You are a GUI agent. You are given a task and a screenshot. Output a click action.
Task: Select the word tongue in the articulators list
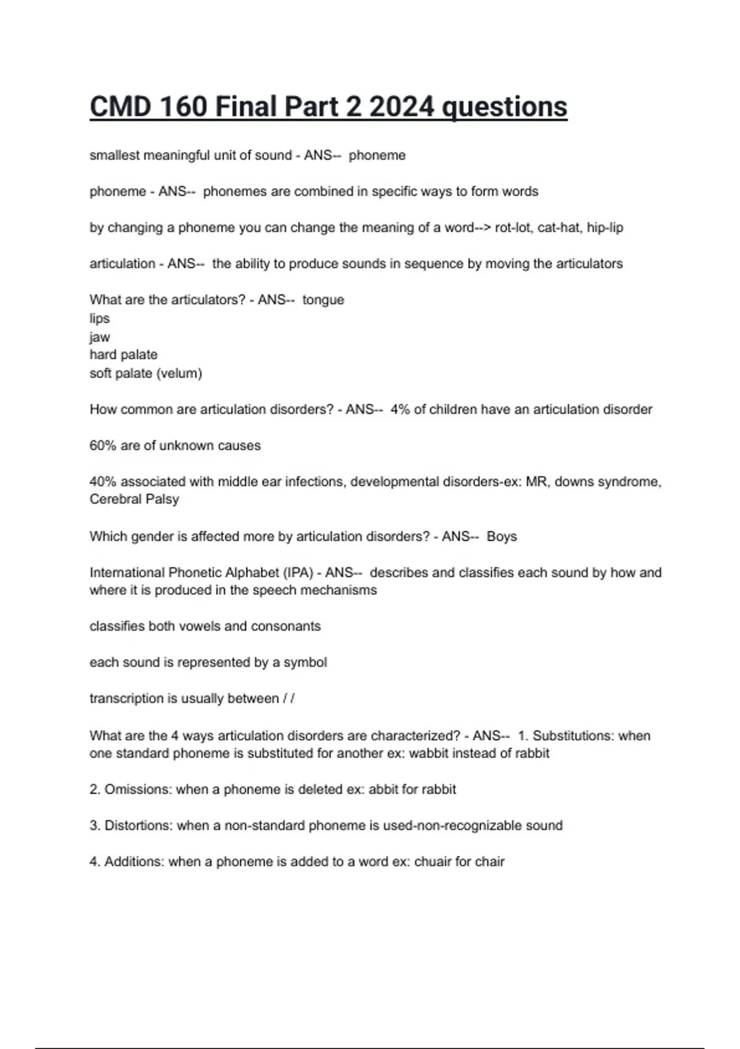point(323,300)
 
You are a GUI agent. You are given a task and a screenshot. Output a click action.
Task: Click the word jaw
point(99,338)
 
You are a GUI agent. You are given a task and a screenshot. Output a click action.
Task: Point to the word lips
point(99,318)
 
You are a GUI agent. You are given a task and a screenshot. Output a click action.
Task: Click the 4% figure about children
point(400,410)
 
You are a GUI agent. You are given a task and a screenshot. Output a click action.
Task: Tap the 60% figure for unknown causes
point(102,446)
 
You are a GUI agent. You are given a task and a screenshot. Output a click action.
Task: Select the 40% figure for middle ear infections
point(102,482)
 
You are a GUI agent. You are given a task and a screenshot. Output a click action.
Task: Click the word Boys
point(501,537)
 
